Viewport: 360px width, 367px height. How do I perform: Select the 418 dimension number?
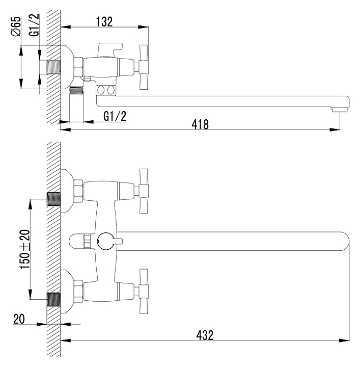[x=200, y=123]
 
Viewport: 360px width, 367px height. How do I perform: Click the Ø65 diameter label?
[x=15, y=26]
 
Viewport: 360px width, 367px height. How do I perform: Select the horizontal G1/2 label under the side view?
[x=115, y=116]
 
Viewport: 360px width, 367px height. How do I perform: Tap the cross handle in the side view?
[x=143, y=66]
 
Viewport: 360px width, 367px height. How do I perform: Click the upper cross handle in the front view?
[x=143, y=191]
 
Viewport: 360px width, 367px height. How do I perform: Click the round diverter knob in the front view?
[x=106, y=241]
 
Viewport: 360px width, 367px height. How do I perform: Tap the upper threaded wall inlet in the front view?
[x=53, y=198]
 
